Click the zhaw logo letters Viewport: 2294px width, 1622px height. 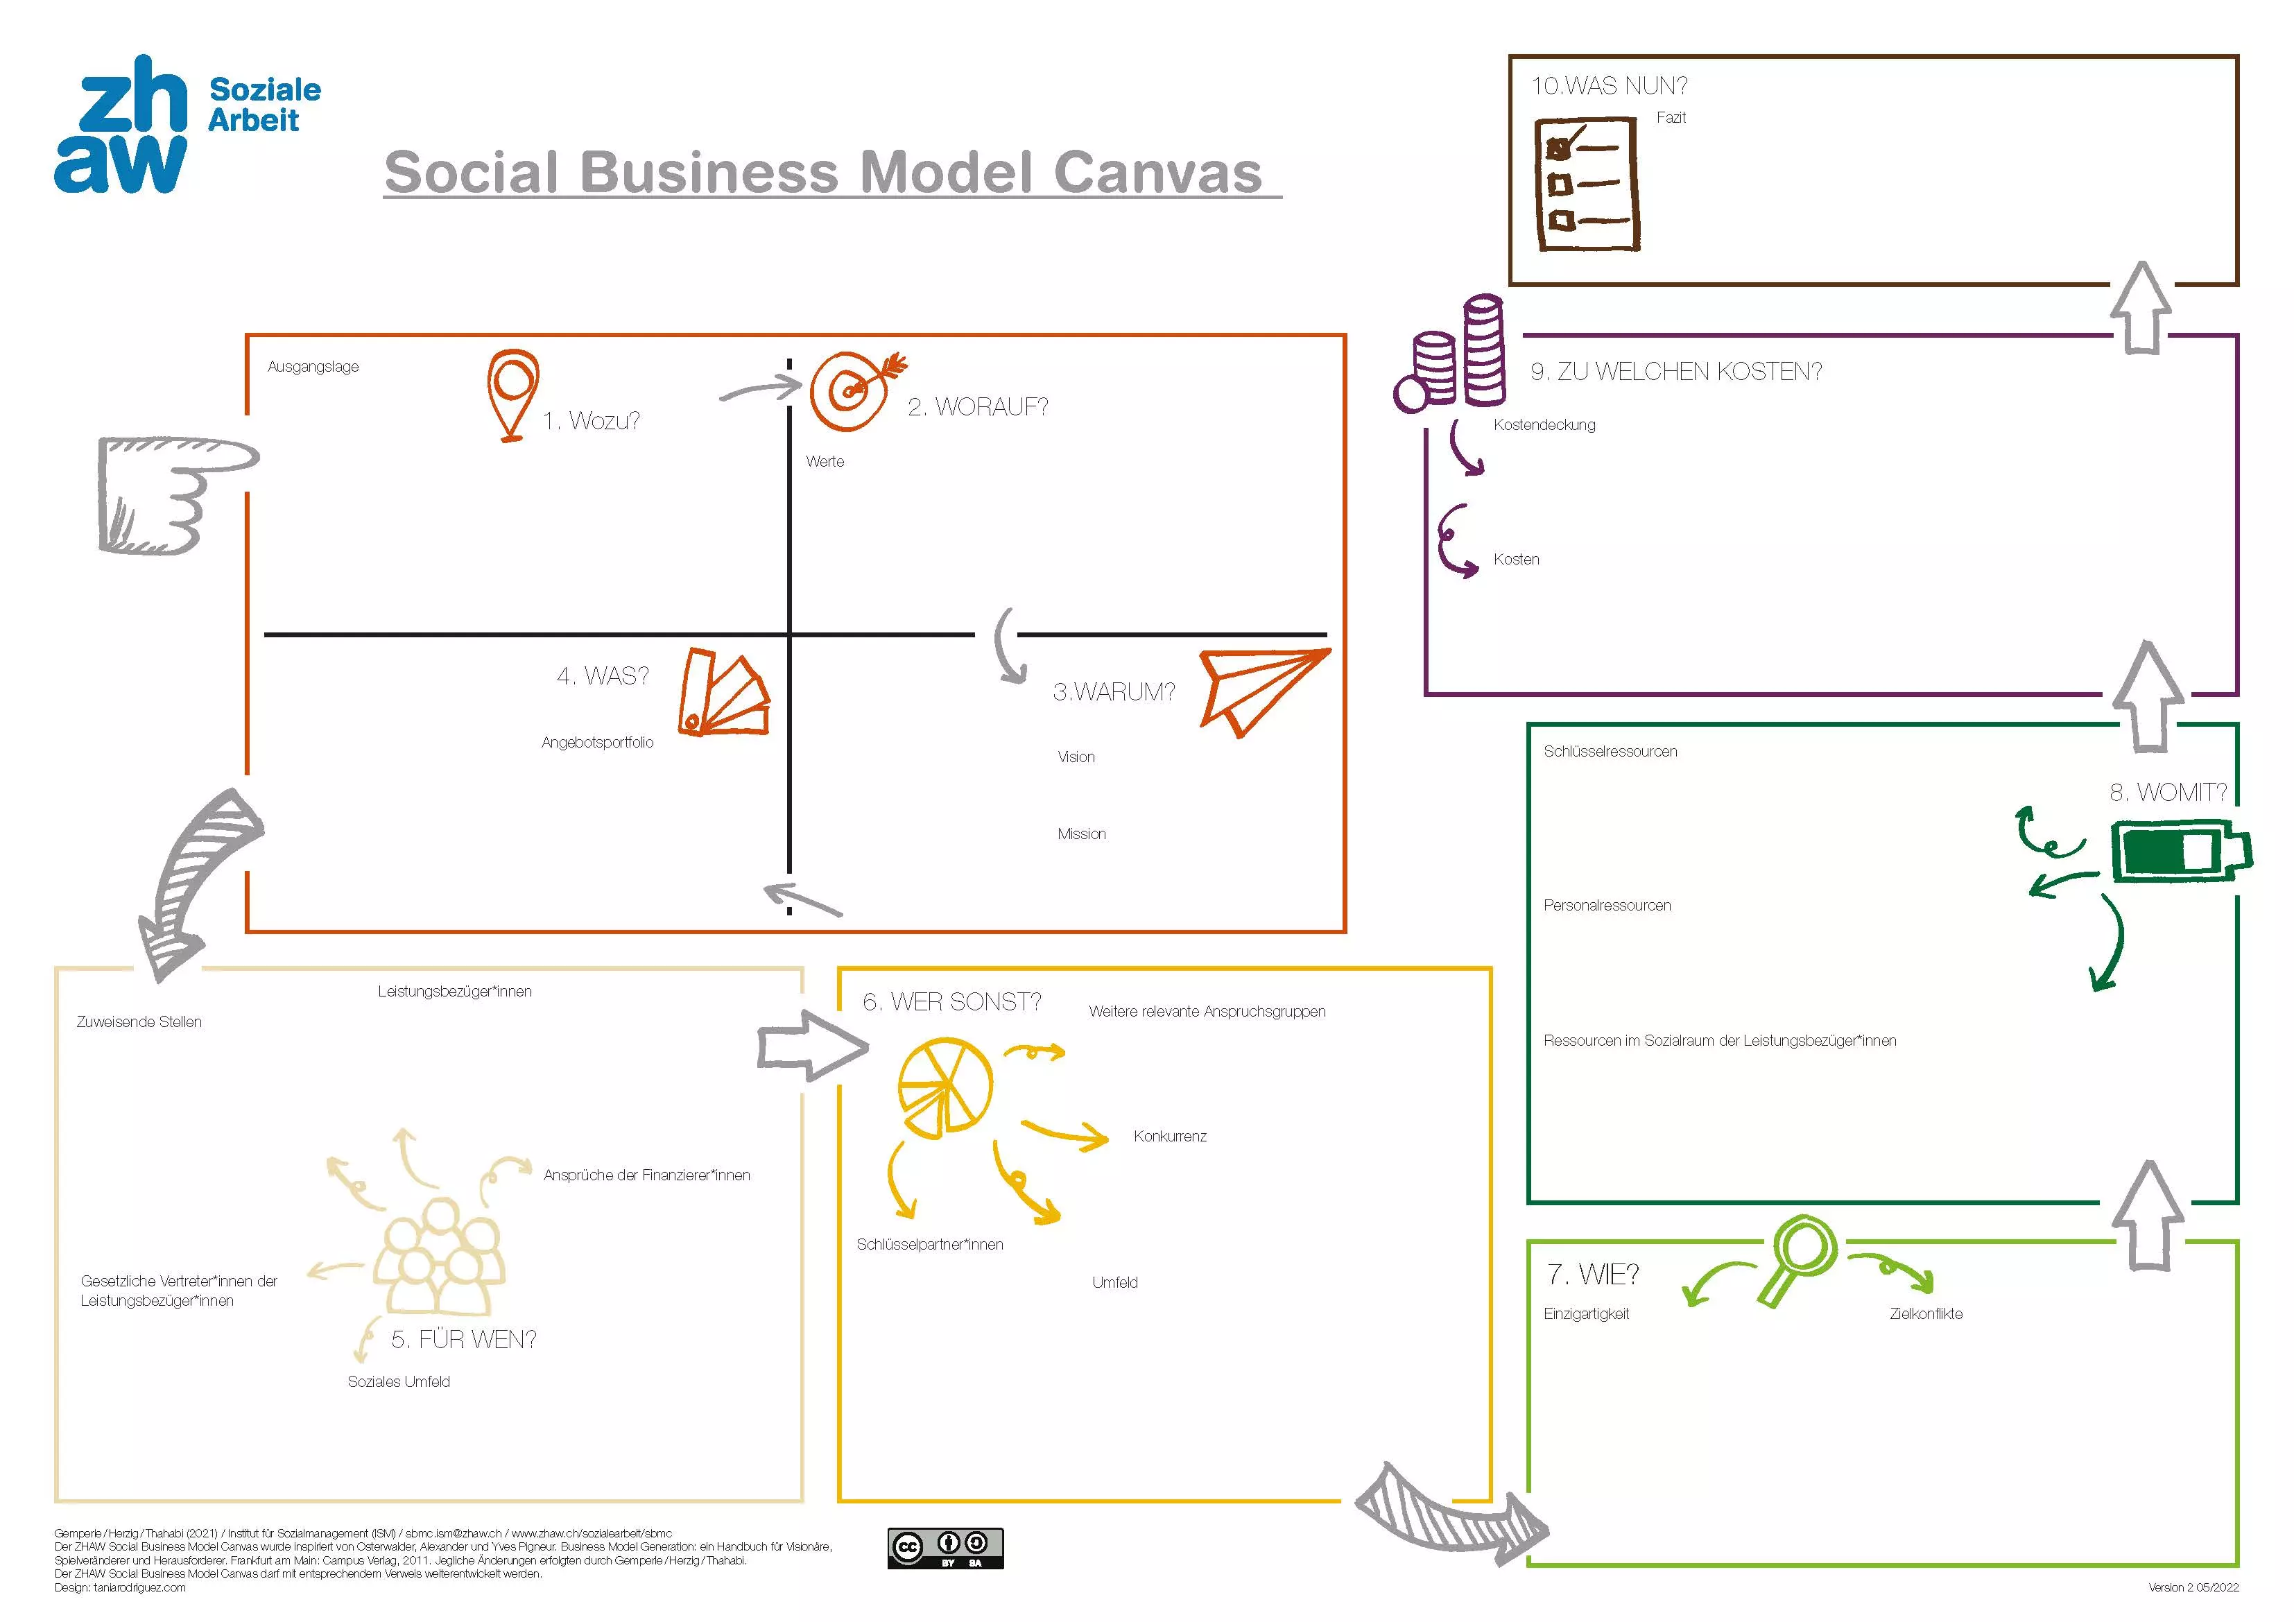tap(121, 124)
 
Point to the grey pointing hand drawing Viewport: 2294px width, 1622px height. tap(177, 494)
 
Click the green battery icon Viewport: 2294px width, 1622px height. tap(2181, 852)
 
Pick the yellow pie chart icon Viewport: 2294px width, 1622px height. tap(945, 1087)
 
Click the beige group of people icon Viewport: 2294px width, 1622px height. tap(440, 1257)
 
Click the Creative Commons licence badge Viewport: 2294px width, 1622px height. tap(945, 1548)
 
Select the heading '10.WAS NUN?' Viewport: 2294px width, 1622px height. tap(1610, 86)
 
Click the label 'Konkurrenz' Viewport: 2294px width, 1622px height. tap(1170, 1137)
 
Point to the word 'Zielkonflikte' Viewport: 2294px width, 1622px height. tap(1925, 1313)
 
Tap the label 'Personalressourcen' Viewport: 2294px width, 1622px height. tap(1607, 906)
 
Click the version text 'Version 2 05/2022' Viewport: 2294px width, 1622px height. tap(2193, 1587)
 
